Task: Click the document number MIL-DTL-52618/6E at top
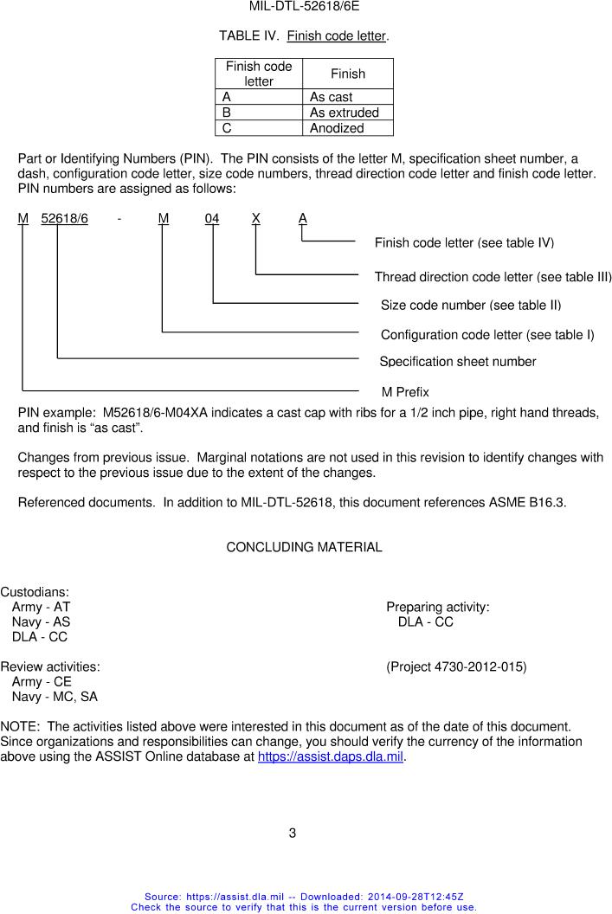tap(304, 6)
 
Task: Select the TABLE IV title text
tap(304, 36)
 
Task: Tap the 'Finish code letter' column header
tap(259, 74)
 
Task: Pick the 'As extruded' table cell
tap(344, 113)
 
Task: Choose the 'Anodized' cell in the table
tap(337, 128)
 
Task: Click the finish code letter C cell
tap(227, 128)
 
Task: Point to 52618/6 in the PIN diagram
tap(64, 219)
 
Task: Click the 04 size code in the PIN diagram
tap(212, 219)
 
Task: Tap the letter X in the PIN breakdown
tap(256, 219)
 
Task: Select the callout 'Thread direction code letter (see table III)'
tap(493, 277)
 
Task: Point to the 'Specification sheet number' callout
tap(458, 362)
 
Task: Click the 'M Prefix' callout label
tap(405, 392)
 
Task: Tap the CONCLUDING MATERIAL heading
tap(304, 547)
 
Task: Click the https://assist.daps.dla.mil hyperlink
tap(332, 757)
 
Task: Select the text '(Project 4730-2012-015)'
tap(456, 666)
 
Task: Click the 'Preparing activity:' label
tap(438, 608)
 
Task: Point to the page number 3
tap(293, 834)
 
